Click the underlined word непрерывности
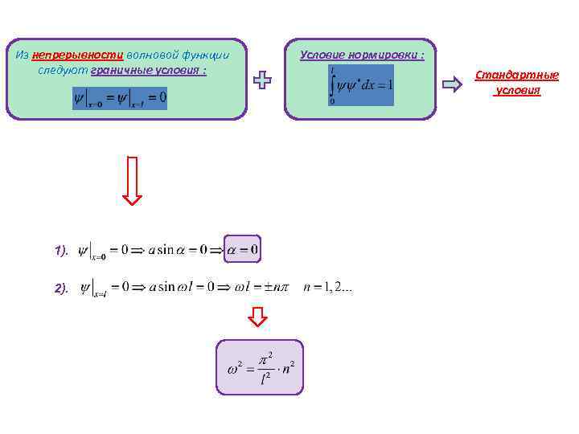(78, 55)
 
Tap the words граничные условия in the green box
(150, 70)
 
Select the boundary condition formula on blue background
(120, 98)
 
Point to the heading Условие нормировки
(362, 55)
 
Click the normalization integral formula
(361, 85)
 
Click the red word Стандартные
(516, 75)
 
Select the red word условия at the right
(518, 90)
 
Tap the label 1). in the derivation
(62, 251)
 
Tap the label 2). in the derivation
(62, 287)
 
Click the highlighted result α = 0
(243, 249)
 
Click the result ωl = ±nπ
(257, 287)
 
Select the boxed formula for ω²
(259, 366)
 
